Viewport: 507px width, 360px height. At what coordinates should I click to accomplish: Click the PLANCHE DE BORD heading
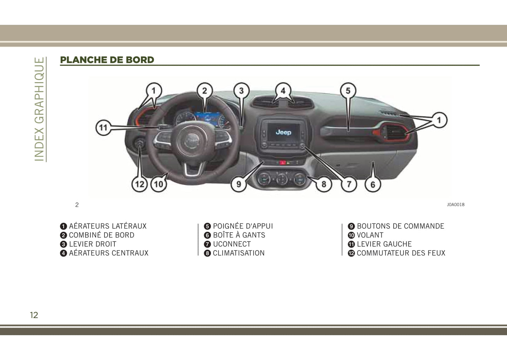107,60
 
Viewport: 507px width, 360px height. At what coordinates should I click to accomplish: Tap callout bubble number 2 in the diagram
205,91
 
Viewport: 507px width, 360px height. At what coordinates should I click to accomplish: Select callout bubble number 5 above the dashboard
348,91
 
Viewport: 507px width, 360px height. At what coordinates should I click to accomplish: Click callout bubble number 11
104,128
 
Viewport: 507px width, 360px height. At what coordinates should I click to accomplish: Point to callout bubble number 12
139,184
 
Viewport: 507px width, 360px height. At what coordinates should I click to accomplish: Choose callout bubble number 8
324,184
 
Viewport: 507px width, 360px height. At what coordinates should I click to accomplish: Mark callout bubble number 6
373,185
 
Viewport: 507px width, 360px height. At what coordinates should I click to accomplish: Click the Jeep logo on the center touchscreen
283,132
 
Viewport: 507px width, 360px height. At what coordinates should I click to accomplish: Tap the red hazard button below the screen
282,162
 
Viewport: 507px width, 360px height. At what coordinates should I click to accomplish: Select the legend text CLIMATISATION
239,253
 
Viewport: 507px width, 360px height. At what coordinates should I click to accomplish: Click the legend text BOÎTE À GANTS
239,235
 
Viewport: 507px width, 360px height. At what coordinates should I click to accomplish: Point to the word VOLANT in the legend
370,235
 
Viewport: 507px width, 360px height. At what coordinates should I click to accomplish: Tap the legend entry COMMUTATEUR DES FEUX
401,253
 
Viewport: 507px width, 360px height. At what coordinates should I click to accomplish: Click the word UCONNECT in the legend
232,244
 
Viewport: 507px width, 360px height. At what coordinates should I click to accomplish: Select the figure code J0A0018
456,205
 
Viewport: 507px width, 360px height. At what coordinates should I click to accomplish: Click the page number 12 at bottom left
34,315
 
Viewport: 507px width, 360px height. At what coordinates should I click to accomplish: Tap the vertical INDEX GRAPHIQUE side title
39,109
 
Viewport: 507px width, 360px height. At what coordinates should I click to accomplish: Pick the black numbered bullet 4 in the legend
64,253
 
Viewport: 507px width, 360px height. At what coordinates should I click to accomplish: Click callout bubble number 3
241,91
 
